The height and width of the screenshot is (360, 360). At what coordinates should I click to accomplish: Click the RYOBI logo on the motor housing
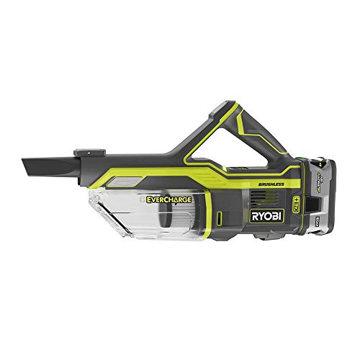click(268, 216)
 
